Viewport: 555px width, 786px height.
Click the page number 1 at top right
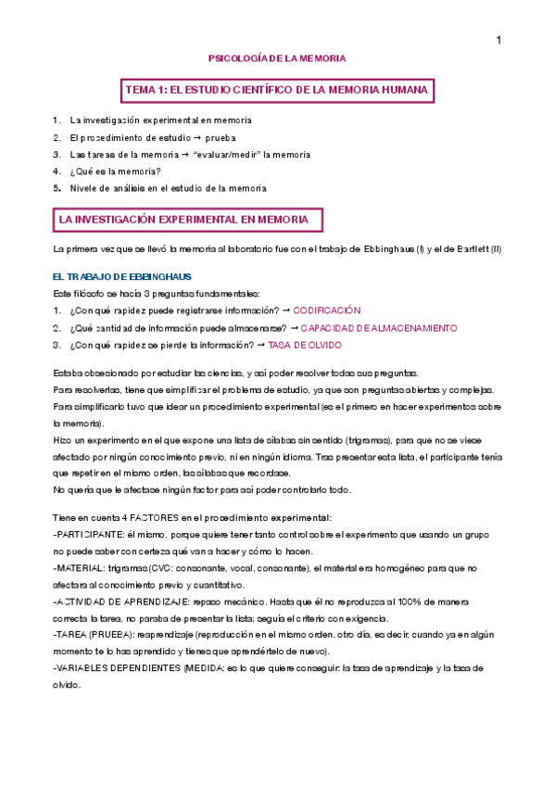498,40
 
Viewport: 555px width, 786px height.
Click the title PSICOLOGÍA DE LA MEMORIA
277,57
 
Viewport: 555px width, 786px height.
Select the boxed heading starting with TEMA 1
278,90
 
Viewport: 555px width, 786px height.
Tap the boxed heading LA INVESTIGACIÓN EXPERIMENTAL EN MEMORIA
188,220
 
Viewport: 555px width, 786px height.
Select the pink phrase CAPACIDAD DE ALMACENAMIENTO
379,328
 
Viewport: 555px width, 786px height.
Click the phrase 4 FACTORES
136,517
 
